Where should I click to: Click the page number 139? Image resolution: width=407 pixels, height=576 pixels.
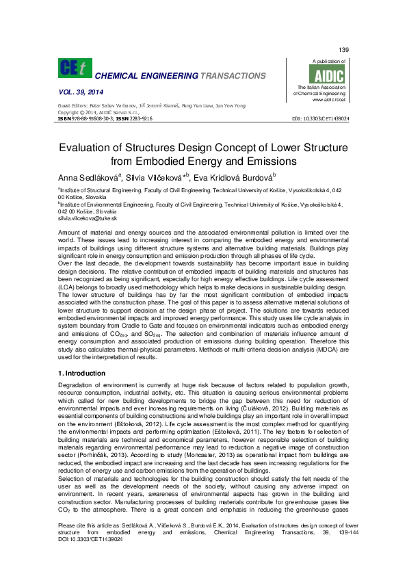(344, 51)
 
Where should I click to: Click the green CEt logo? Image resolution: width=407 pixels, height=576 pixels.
(73, 68)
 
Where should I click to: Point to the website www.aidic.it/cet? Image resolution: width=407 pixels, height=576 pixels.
(328, 99)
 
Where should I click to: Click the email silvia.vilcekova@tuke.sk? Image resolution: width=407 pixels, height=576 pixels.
(88, 218)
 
